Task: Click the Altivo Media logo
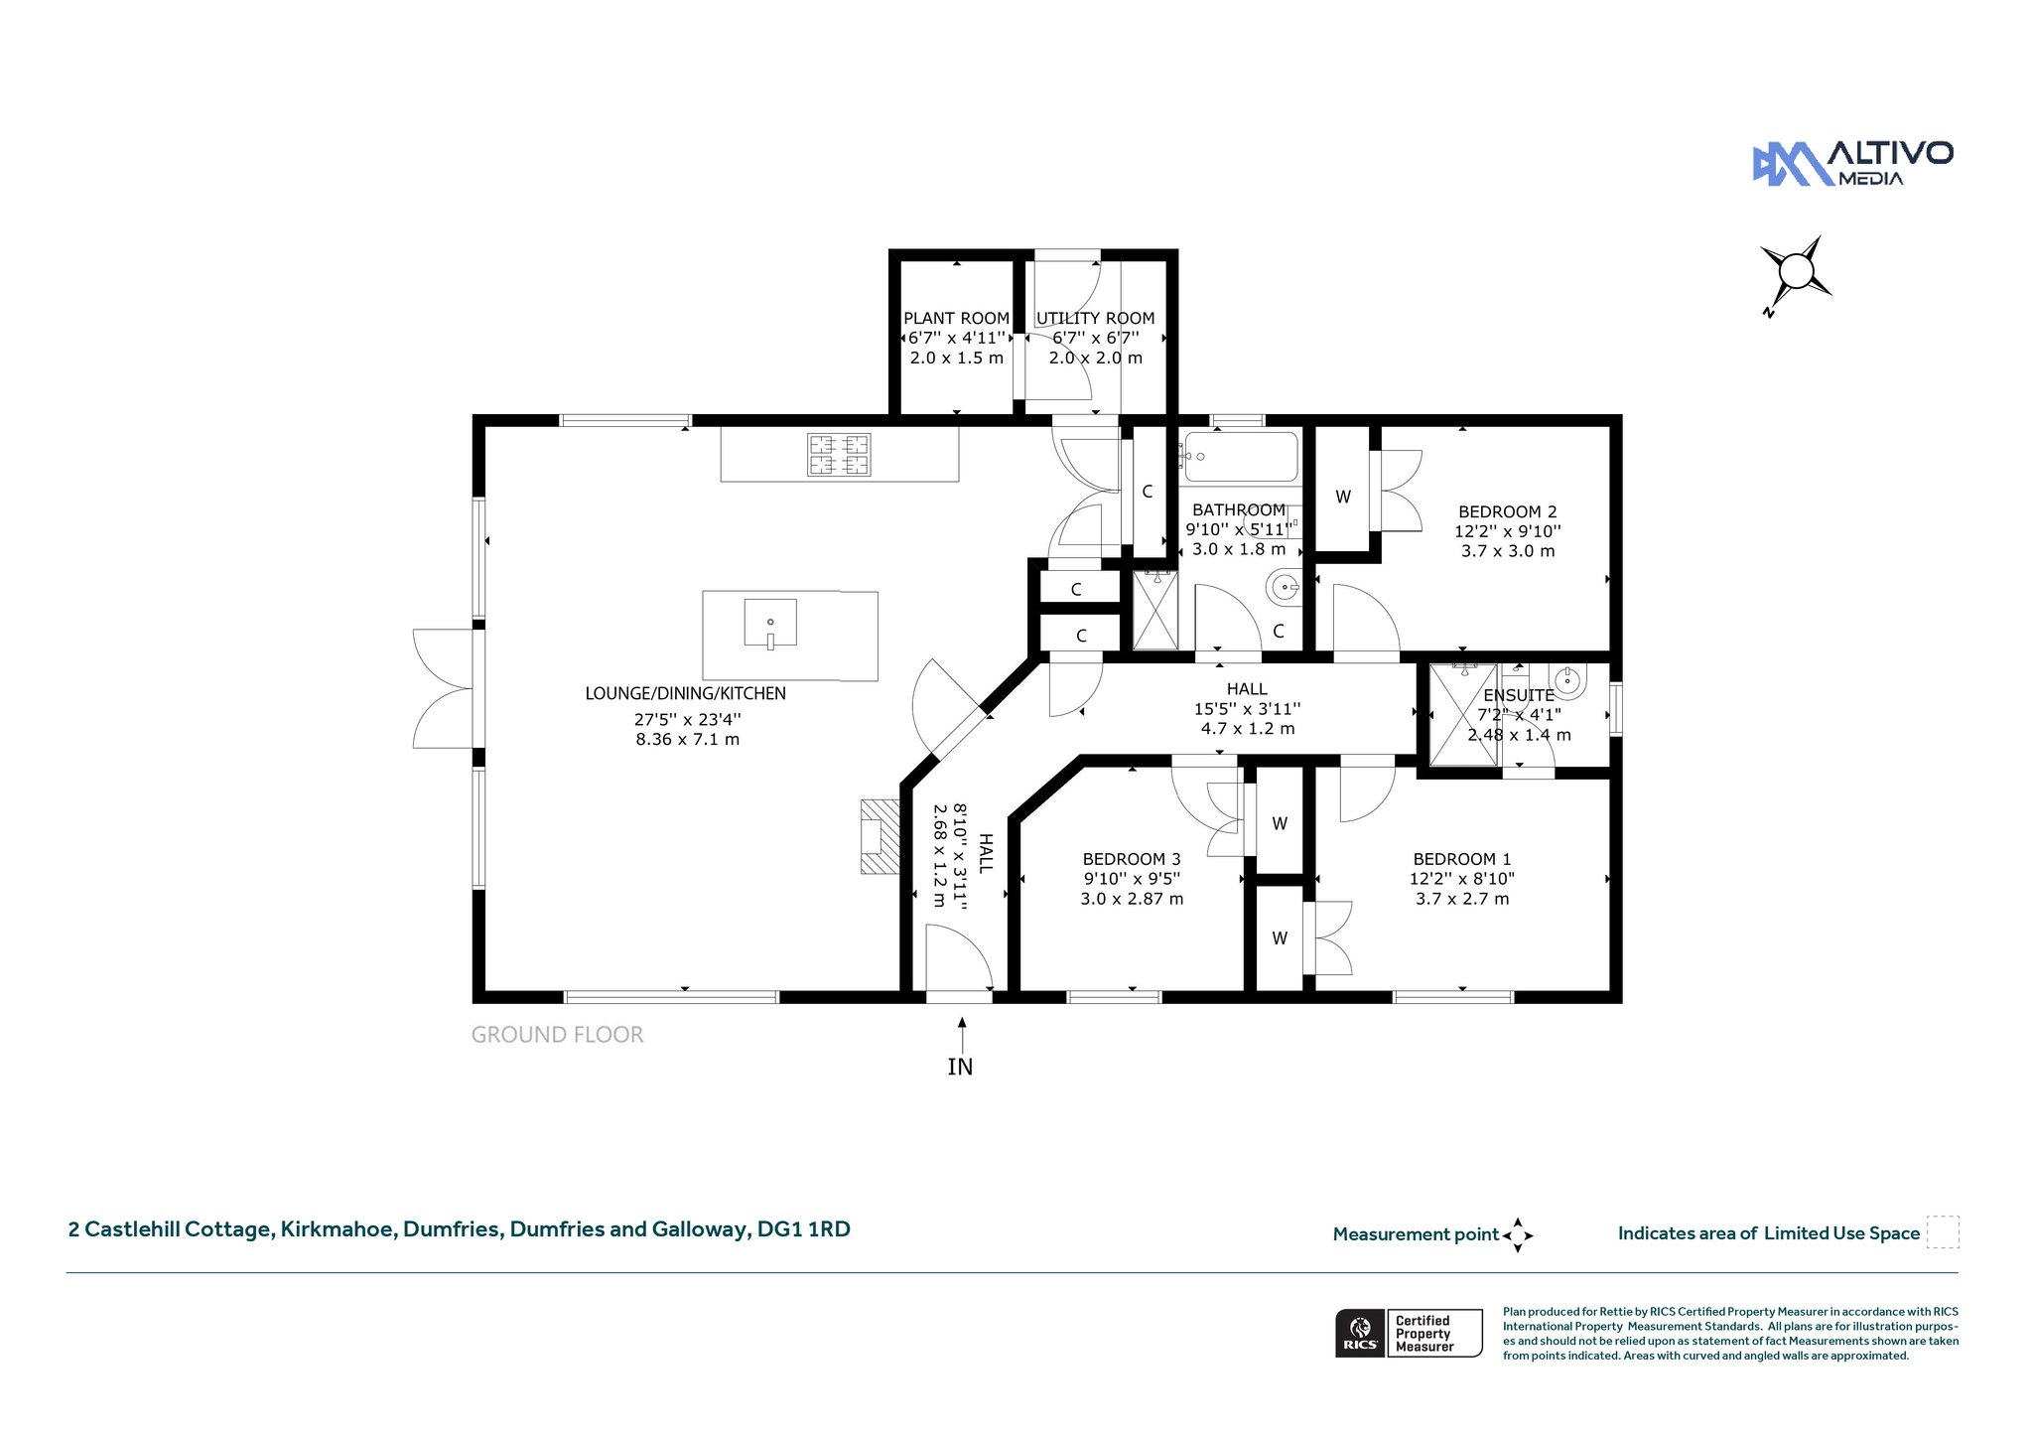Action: click(1852, 163)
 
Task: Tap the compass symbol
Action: click(1796, 272)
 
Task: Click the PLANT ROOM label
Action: click(956, 318)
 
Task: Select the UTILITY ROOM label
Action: click(1095, 318)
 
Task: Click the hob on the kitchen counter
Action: click(839, 455)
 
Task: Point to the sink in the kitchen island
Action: click(770, 623)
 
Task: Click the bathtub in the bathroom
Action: click(1240, 457)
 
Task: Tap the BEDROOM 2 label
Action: click(1507, 511)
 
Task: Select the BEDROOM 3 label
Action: click(1132, 859)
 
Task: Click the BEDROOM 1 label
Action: click(1462, 859)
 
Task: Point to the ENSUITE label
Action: click(1519, 695)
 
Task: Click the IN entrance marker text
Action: click(960, 1067)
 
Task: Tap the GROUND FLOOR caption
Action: click(557, 1035)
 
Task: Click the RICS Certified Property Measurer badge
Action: click(1409, 1333)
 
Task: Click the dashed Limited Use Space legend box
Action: click(1943, 1232)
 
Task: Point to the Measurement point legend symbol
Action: click(1518, 1235)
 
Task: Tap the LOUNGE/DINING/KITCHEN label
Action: click(685, 693)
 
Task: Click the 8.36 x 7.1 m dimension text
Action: click(687, 739)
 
